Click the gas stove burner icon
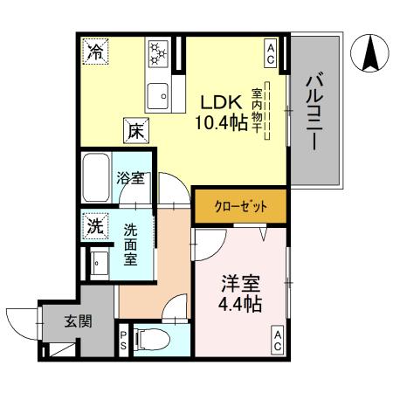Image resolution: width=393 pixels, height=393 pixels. pos(159,52)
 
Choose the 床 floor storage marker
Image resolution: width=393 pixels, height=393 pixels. pos(135,130)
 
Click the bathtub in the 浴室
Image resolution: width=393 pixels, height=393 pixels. pos(95,180)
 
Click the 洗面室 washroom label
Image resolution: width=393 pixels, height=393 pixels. pos(130,244)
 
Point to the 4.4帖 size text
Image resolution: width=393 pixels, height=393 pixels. pos(239,305)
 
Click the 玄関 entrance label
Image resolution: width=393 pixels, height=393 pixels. pos(77,320)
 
